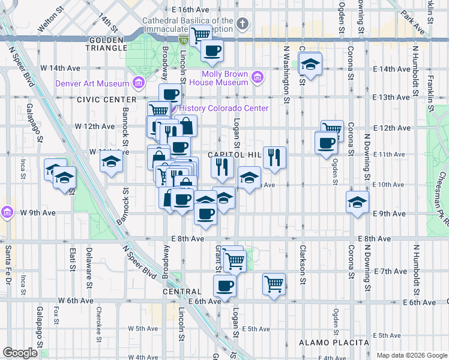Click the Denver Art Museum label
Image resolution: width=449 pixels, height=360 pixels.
click(x=92, y=83)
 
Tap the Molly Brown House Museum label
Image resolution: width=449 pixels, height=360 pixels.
click(x=224, y=78)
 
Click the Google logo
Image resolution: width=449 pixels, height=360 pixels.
click(x=20, y=353)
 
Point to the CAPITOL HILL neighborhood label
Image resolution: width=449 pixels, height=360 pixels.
click(x=234, y=155)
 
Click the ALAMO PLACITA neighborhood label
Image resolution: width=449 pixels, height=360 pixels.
click(x=334, y=343)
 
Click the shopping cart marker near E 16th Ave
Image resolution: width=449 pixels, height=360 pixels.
click(x=200, y=35)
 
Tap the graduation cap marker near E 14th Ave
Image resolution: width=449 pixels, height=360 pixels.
click(x=310, y=63)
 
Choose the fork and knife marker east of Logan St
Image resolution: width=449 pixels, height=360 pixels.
click(x=274, y=157)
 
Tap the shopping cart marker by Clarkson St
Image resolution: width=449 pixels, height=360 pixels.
click(x=274, y=283)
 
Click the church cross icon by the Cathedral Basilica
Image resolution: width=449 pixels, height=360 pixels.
click(x=242, y=24)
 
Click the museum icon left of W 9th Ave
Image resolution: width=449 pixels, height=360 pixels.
click(x=7, y=212)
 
